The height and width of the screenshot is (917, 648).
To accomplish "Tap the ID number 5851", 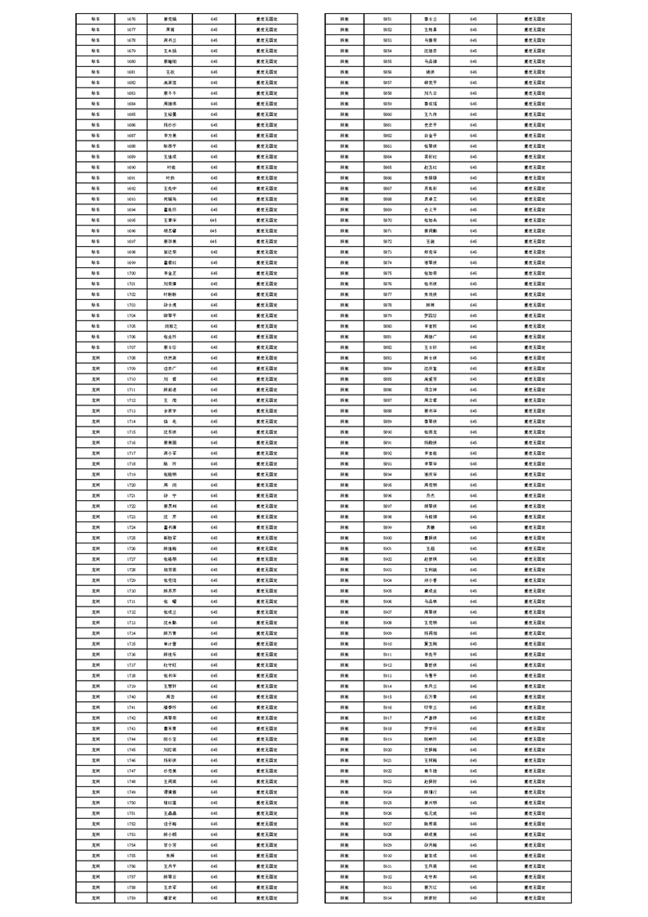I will [387, 18].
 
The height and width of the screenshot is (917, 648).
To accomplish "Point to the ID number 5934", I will [387, 897].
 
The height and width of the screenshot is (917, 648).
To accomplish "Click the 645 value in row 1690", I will [214, 167].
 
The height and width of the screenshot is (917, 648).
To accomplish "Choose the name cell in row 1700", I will [171, 272].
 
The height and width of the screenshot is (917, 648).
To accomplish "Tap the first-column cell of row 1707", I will [96, 347].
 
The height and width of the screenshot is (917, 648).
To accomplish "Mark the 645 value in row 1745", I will [214, 749].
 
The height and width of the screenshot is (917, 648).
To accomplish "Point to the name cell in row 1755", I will [171, 855].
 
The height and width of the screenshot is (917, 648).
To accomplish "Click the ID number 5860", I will [387, 114].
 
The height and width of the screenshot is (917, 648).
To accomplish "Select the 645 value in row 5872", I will [473, 241].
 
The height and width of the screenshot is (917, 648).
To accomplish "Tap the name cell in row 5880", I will [430, 325].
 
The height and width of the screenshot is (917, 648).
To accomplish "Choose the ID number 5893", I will [387, 463].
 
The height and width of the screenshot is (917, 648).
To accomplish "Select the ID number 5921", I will [387, 760].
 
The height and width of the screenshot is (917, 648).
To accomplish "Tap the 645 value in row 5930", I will [473, 855].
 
